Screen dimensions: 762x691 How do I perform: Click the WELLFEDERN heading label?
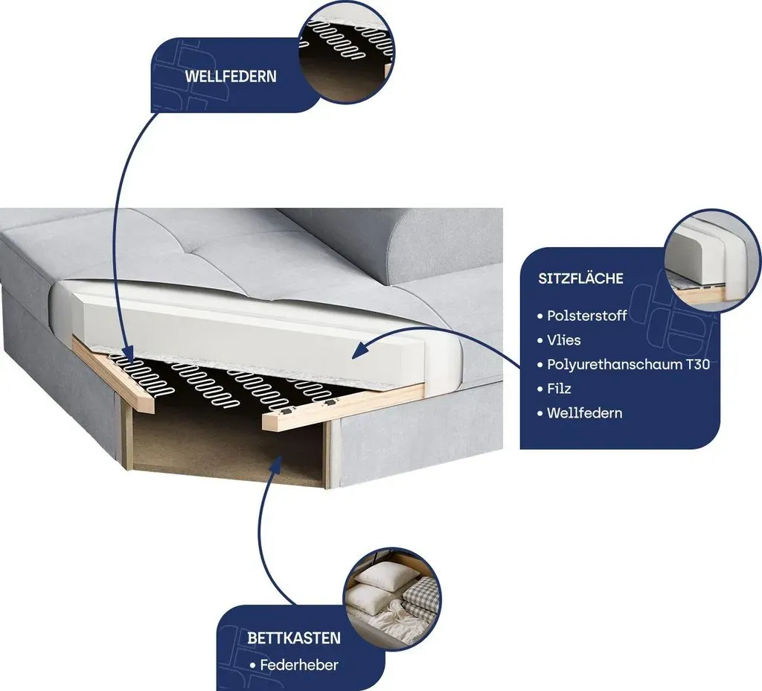[231, 77]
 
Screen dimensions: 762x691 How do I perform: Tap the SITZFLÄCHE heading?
[580, 278]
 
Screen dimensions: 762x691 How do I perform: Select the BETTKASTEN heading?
[293, 638]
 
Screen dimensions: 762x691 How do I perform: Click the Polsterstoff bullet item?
[586, 316]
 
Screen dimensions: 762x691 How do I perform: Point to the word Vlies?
[564, 340]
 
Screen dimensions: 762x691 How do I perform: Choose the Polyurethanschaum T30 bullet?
[628, 364]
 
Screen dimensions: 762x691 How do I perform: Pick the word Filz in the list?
[559, 389]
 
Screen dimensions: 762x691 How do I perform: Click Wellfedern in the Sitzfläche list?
[585, 413]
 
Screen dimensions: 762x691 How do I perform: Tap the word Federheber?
[299, 665]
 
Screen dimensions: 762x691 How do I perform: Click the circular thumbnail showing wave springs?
[345, 51]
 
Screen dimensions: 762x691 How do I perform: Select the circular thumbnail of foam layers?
[712, 260]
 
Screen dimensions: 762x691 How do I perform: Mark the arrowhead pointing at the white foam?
[359, 350]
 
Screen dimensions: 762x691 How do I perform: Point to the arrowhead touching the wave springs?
[128, 351]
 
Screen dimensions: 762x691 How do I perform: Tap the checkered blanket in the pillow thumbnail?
[419, 596]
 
